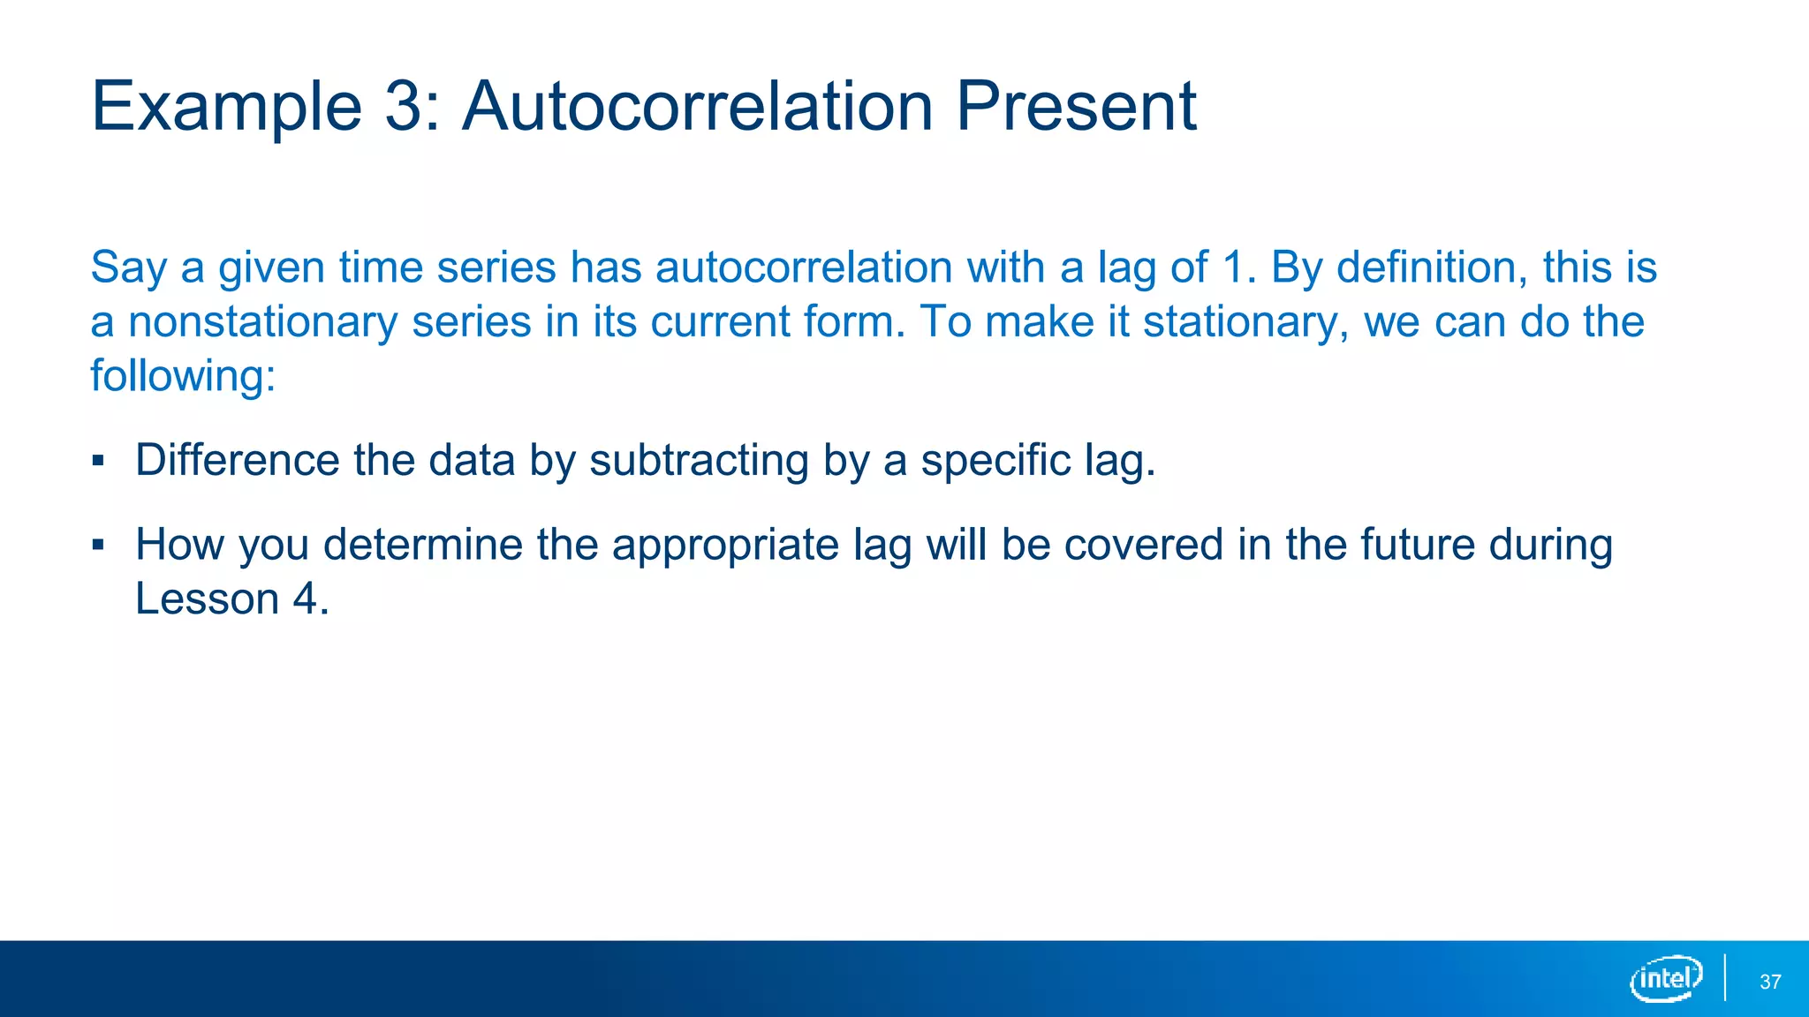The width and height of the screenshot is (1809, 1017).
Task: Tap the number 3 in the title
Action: point(405,106)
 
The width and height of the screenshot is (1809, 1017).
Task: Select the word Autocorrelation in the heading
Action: point(698,106)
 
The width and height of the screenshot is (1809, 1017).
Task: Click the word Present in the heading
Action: point(1075,106)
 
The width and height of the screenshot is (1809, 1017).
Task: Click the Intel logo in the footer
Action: point(1666,978)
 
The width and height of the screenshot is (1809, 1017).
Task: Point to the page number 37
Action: point(1770,982)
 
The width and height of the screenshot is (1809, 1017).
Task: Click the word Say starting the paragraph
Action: point(128,268)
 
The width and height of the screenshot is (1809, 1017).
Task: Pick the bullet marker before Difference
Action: point(98,461)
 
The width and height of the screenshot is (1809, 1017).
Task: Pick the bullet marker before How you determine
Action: point(98,545)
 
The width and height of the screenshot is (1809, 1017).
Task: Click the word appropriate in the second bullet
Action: point(725,546)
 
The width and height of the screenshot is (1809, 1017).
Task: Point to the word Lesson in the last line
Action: point(208,599)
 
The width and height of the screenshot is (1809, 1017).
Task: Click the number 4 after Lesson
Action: point(305,599)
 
